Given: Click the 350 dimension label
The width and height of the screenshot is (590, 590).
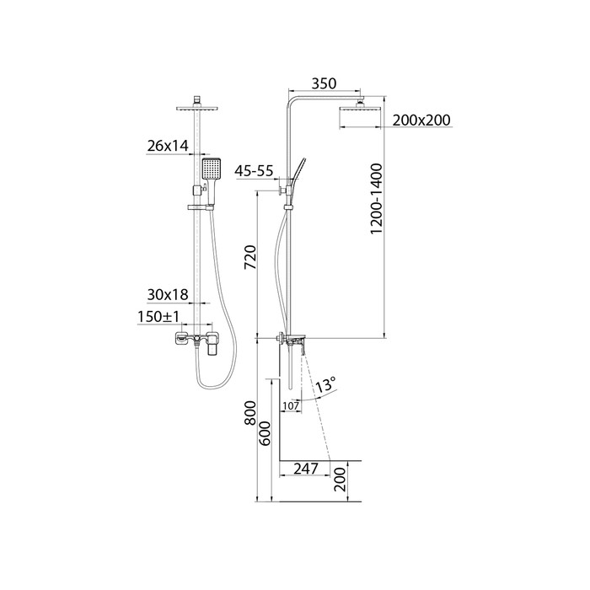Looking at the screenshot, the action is click(x=324, y=83).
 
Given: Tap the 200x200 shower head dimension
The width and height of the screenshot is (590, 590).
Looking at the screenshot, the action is click(x=421, y=120).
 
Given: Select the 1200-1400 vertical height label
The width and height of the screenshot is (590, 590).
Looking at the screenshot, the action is click(x=376, y=199).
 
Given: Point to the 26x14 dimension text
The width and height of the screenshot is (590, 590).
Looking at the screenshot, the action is click(x=168, y=146).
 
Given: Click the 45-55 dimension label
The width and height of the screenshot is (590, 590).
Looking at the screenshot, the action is click(x=254, y=171).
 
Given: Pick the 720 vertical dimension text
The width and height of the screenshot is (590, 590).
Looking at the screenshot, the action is click(x=250, y=257).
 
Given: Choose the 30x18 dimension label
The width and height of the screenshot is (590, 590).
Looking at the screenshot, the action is click(x=168, y=295).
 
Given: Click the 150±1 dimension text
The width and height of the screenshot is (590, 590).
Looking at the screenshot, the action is click(x=158, y=317).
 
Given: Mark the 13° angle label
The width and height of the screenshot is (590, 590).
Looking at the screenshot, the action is click(x=324, y=386).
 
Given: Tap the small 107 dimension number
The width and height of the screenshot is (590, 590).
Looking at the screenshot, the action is click(x=291, y=406).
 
